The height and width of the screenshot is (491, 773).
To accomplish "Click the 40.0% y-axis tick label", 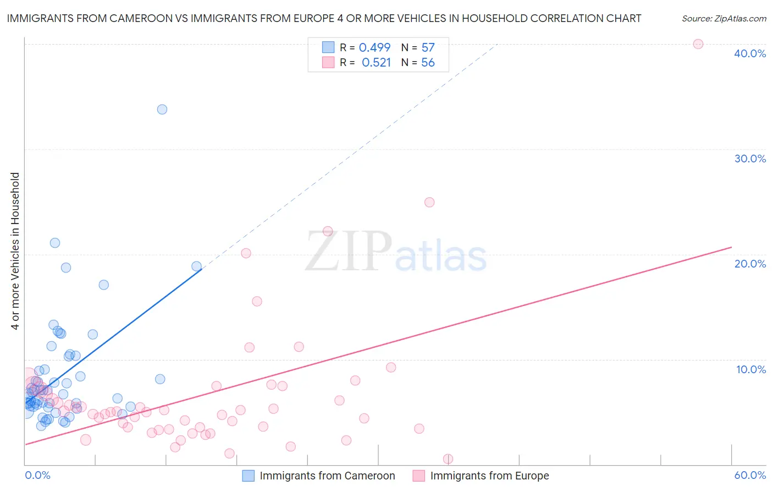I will pos(749,53).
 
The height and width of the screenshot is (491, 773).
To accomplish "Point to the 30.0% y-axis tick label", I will pos(749,159).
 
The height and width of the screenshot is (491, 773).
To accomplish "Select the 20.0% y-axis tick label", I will pos(749,264).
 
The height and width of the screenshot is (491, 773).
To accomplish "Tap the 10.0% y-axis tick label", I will pos(750,369).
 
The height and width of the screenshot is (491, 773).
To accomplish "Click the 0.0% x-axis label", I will pos(37,475).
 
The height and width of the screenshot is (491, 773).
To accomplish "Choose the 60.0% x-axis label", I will pos(749,475).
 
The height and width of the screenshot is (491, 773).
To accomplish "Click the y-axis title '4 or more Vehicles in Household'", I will pos(15,251).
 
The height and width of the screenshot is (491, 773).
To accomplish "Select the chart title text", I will pos(324,18).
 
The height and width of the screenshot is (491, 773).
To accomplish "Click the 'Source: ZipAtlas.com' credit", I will pos(724,18).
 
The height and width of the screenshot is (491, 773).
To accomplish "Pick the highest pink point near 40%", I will pos(698,44).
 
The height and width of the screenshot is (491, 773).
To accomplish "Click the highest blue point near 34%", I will pos(162,110).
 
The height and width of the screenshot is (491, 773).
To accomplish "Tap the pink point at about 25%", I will pos(429,202).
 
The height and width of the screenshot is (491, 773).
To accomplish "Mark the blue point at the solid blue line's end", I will pos(196,266).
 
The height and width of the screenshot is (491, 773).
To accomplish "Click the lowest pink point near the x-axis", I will pos(448,459).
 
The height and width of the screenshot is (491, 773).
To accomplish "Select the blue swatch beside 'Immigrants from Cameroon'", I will pos(249,476).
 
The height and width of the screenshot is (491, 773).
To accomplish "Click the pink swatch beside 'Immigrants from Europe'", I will pos(419,476).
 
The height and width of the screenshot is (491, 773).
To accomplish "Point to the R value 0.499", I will pos(374,48).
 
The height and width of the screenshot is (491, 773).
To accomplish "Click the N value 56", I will pos(428,63).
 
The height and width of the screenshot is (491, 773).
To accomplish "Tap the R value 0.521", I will pos(376,63).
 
